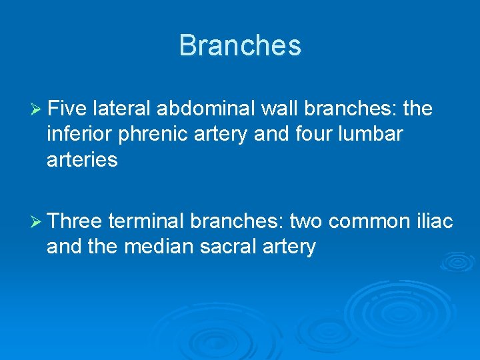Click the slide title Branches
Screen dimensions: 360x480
click(240, 45)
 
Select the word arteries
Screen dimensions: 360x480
click(82, 160)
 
